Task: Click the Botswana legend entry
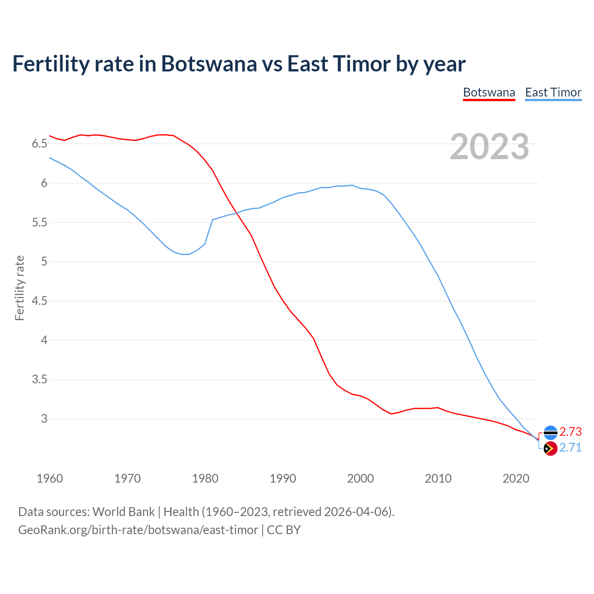[489, 92]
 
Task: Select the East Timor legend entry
[553, 92]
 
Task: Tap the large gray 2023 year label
[489, 147]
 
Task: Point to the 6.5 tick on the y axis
[39, 144]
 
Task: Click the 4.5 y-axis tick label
[39, 301]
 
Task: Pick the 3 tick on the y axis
[44, 419]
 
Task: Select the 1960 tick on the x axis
[50, 478]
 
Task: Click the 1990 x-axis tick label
[283, 478]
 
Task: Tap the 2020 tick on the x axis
[516, 478]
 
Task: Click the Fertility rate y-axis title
[19, 288]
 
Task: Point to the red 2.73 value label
[570, 432]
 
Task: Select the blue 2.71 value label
[570, 448]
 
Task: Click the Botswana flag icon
[550, 432]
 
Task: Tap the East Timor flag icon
[550, 449]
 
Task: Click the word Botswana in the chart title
[209, 64]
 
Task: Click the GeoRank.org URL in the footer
[138, 530]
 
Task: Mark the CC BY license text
[284, 530]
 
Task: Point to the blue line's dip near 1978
[186, 254]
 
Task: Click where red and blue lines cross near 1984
[237, 213]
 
